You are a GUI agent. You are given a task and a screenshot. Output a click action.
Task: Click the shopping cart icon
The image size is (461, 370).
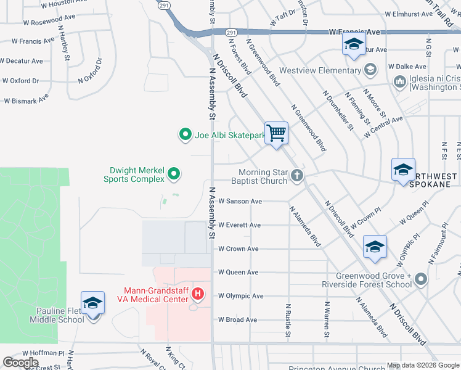point(276,133)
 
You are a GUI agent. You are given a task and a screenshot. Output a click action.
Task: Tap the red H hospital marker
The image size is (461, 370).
point(198,293)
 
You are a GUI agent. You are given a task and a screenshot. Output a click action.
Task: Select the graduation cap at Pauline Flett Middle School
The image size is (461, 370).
point(92,303)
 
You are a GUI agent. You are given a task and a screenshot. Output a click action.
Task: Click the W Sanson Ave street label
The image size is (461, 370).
point(240,201)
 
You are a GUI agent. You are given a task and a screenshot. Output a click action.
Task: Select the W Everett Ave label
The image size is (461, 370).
point(239,225)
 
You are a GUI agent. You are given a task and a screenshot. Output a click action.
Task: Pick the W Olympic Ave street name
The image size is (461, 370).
point(240,296)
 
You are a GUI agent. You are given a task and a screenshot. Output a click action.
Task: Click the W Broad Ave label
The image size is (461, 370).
point(237,320)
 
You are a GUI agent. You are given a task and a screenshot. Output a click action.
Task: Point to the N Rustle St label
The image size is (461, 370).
point(288,319)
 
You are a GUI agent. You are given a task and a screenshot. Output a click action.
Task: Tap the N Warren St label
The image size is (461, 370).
point(327,319)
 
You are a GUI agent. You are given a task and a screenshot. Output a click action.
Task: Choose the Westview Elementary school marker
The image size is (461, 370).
point(370,68)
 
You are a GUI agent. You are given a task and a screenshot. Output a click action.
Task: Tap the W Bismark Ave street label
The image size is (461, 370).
point(26,99)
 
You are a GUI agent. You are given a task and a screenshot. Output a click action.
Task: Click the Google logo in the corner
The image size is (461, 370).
point(21,363)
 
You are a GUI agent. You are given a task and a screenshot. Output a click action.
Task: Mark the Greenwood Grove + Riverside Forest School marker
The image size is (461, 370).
point(420,279)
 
